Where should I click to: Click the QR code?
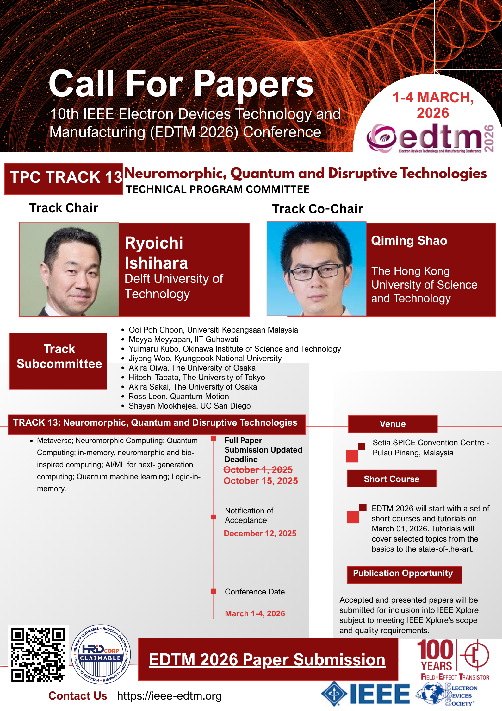38,655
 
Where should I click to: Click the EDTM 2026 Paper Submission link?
267,659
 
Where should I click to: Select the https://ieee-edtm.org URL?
169,696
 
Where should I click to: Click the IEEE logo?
365,694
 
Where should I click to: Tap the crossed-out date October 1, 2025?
258,469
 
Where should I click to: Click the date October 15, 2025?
261,481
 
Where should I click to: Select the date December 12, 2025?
260,533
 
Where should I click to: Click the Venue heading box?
393,424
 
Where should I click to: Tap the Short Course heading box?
392,479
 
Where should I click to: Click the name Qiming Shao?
409,241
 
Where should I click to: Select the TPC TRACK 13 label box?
64,179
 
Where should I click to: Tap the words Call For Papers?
181,84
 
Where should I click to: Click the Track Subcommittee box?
58,361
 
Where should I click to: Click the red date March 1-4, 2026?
255,613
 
